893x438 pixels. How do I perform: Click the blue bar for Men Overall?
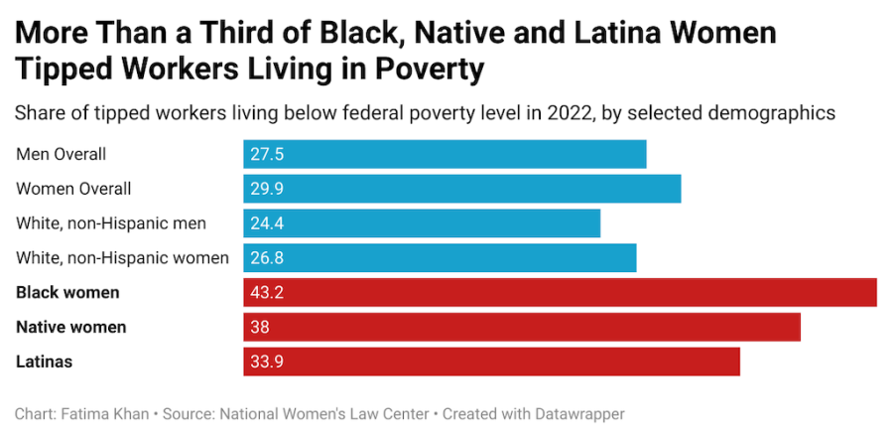445,155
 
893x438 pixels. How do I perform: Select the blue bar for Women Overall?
462,189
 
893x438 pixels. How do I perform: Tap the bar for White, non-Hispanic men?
422,223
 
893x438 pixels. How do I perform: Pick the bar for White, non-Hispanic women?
440,258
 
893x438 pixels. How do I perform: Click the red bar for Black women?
560,293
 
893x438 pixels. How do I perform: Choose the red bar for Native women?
522,327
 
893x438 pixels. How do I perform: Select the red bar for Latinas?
491,362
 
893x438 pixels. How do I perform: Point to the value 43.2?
268,293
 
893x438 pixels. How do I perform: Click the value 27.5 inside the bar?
268,155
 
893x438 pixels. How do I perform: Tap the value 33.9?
268,362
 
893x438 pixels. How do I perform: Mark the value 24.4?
268,223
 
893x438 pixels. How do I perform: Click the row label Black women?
67,293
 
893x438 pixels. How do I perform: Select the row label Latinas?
45,362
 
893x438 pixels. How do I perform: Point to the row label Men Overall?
62,155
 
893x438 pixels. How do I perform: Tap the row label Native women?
71,327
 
